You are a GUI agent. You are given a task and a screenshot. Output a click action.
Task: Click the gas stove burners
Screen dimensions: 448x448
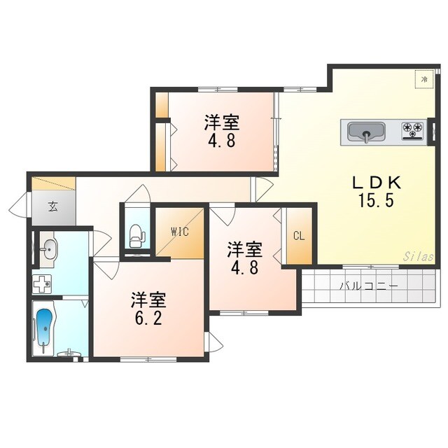[x=412, y=129]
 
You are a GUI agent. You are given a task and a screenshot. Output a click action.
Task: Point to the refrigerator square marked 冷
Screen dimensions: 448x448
[x=423, y=80]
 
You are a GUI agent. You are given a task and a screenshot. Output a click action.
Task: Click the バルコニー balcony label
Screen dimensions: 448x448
[x=370, y=286]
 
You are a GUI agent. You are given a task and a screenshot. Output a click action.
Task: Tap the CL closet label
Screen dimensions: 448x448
[x=299, y=236]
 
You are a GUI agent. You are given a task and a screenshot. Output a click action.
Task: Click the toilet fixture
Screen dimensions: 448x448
[x=137, y=234]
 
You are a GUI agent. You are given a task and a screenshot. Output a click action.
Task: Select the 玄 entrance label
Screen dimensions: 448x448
[x=52, y=206]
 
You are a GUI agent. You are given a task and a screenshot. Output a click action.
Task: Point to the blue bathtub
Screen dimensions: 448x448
[x=45, y=328]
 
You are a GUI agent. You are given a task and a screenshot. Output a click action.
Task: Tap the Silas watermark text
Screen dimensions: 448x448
[x=418, y=257]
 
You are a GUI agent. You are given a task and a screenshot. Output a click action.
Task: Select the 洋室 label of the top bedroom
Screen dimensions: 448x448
[x=222, y=124]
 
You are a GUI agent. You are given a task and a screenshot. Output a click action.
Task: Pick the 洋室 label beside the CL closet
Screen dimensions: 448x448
[x=244, y=249]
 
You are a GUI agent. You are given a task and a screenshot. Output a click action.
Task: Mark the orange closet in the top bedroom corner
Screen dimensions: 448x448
[x=162, y=105]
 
